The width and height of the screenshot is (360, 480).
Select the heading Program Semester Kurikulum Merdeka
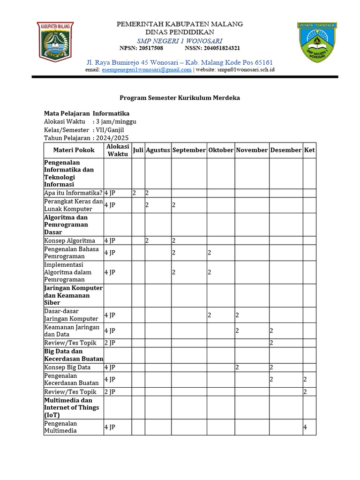click(x=180, y=98)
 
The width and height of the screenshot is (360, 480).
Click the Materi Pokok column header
click(x=74, y=150)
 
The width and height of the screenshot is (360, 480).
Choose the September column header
click(x=189, y=150)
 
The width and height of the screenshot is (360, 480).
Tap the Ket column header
click(x=309, y=150)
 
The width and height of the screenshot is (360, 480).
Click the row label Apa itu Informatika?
click(x=73, y=193)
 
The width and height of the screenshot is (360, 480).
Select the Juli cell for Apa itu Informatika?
click(x=138, y=193)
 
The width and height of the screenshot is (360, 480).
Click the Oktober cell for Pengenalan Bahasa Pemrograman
click(x=221, y=253)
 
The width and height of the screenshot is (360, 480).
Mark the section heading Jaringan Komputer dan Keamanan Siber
click(x=73, y=295)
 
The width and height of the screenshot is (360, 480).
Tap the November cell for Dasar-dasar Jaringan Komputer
click(x=252, y=315)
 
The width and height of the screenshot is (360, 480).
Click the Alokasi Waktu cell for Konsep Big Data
click(x=117, y=367)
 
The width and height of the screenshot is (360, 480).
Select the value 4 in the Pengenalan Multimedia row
click(x=305, y=427)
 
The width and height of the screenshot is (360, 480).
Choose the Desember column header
click(x=286, y=150)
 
